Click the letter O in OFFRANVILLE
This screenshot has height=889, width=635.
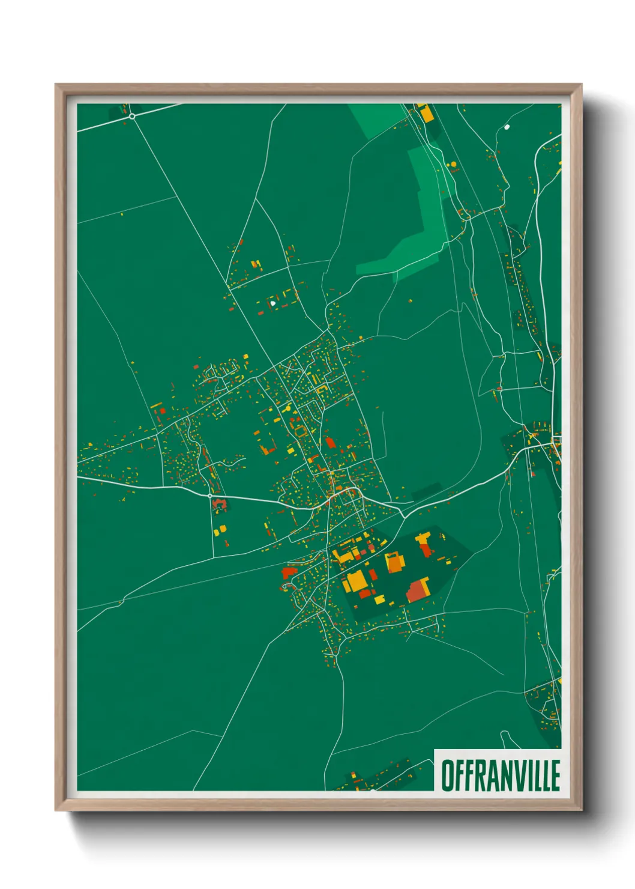click(448, 775)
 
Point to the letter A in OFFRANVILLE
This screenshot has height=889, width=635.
click(482, 775)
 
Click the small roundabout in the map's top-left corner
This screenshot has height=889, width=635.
click(132, 116)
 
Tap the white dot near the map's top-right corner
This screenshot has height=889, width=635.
click(507, 127)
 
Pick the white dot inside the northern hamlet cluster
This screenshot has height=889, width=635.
click(273, 303)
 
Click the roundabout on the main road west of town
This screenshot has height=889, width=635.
click(209, 496)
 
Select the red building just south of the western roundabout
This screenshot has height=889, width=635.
click(219, 504)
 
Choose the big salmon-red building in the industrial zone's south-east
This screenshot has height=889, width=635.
click(417, 591)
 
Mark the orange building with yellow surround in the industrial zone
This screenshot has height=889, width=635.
click(394, 563)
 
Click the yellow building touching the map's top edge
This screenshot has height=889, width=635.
click(425, 113)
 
